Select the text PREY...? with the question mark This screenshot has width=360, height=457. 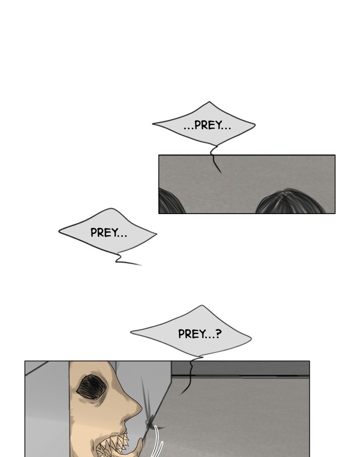[200, 333]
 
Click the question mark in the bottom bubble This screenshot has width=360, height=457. [219, 333]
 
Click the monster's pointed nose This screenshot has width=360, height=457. [135, 407]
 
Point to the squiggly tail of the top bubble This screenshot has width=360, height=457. [215, 159]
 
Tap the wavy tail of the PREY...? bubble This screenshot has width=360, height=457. [191, 376]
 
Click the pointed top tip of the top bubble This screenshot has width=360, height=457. [209, 102]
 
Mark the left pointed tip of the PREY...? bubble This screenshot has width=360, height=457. [131, 331]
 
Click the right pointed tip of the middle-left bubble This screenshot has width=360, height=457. [156, 234]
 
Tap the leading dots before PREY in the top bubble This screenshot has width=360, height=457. [188, 129]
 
